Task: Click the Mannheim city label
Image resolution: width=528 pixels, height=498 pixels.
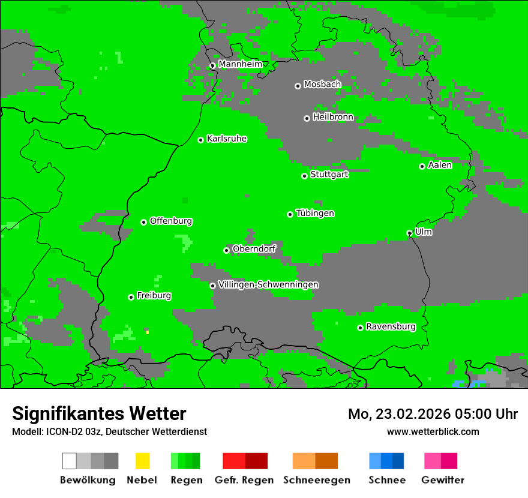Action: [x=240, y=64]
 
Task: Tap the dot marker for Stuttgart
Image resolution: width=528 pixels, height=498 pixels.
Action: [x=305, y=176]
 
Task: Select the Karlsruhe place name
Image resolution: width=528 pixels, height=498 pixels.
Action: [x=227, y=139]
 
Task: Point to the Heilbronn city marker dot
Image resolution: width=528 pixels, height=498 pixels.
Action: [x=307, y=118]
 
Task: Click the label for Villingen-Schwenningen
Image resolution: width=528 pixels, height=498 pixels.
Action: [x=268, y=284]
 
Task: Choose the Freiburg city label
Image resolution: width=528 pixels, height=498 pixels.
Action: [x=154, y=296]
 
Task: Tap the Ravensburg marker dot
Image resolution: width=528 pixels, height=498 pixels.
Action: [x=361, y=328]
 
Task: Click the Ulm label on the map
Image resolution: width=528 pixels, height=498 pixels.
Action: [x=424, y=232]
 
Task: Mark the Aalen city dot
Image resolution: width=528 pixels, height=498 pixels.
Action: [x=422, y=166]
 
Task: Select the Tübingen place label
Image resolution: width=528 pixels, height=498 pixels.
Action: [x=315, y=213]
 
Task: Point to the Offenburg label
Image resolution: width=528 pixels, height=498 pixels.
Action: [x=171, y=221]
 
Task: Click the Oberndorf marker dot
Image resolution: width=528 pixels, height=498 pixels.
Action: [x=227, y=250]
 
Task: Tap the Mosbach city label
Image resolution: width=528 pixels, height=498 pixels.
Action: [x=322, y=85]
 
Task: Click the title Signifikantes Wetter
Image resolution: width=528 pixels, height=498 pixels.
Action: [x=99, y=413]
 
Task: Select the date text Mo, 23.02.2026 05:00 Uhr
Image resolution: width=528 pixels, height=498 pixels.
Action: [x=433, y=414]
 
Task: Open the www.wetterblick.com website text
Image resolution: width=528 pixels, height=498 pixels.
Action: [x=433, y=431]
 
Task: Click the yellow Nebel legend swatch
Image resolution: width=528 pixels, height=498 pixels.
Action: [x=143, y=461]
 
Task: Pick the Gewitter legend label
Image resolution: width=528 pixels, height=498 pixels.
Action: [x=443, y=480]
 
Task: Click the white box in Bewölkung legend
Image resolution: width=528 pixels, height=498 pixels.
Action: [x=70, y=461]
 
